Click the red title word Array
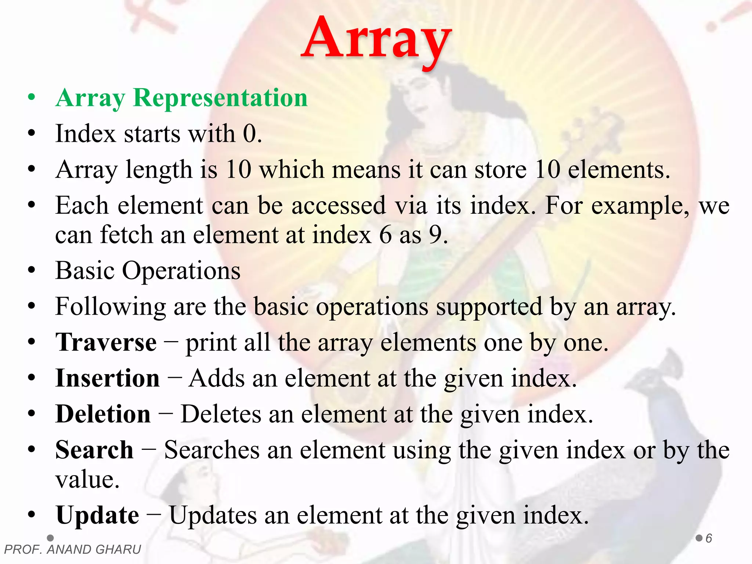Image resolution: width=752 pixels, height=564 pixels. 376,39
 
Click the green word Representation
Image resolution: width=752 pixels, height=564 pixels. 220,98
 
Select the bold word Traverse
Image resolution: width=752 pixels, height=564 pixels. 106,343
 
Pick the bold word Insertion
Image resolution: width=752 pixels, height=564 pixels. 108,378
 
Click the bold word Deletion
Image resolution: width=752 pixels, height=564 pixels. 103,414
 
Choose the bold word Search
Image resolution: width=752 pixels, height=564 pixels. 94,450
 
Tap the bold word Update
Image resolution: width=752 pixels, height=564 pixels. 97,515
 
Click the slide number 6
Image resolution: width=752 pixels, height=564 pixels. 709,538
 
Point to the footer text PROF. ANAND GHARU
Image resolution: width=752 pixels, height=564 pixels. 73,550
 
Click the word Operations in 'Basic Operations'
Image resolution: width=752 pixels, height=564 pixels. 181,271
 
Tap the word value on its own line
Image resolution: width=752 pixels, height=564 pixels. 87,480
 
